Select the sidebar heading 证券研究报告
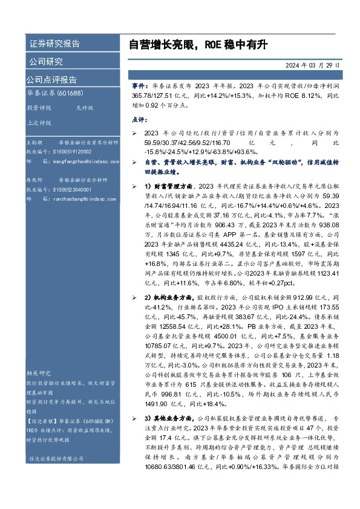coord(53,44)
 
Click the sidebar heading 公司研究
coord(45,61)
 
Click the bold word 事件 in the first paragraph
coord(138,86)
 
